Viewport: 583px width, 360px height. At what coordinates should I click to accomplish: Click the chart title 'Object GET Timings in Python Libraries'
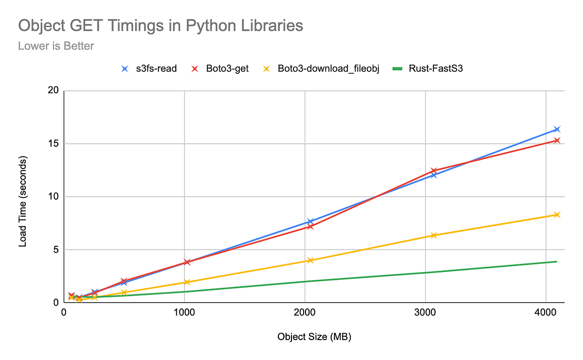point(160,26)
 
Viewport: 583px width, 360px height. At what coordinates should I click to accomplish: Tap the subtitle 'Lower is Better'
point(56,46)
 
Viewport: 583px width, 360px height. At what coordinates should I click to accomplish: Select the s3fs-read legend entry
point(149,69)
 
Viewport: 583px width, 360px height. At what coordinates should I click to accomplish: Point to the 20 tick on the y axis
point(53,90)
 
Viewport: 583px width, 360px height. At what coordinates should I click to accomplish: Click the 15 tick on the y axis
point(53,144)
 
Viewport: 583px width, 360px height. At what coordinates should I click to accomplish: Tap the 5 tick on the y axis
point(55,250)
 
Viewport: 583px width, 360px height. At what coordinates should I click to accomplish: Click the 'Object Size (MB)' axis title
point(314,337)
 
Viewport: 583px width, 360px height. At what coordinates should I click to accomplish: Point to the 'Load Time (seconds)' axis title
point(23,201)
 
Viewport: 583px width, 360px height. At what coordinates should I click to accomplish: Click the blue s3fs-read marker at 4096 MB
point(557,129)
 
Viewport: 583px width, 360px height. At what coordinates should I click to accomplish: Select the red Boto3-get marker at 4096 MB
point(557,140)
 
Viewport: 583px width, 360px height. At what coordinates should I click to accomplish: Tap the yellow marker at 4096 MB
point(557,215)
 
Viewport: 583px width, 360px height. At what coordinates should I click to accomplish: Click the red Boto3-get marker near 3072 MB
point(434,171)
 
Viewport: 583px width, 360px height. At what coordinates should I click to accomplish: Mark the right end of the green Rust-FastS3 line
point(557,261)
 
